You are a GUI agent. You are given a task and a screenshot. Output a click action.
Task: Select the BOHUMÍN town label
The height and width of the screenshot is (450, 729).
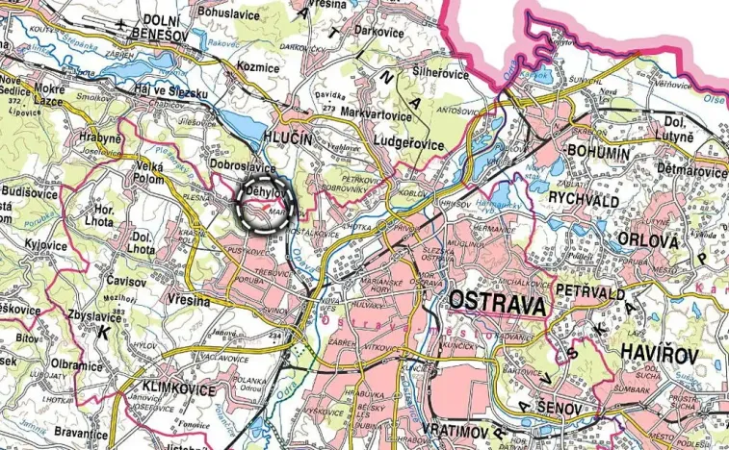tap(599, 154)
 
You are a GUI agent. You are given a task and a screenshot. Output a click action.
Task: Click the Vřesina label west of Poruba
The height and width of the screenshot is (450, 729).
tap(188, 301)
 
